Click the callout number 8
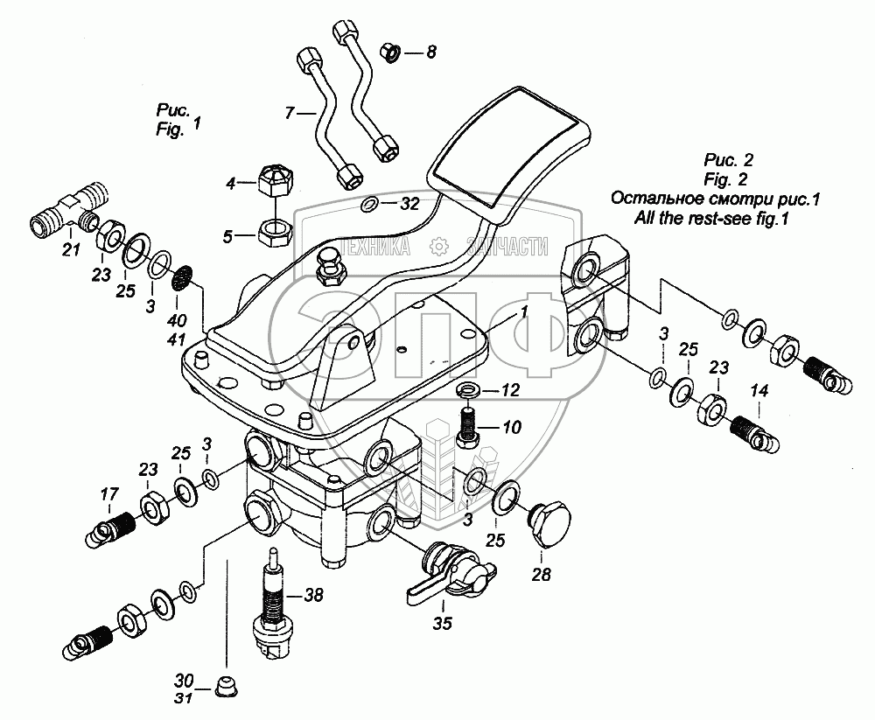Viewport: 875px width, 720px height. pos(430,52)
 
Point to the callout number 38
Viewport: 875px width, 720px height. pos(313,595)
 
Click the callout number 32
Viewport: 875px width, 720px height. pos(409,203)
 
